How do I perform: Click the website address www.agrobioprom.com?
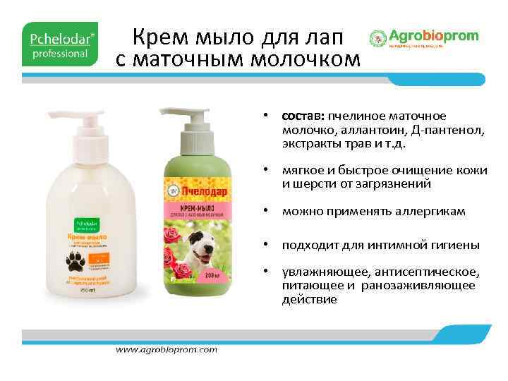coord(167,350)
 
